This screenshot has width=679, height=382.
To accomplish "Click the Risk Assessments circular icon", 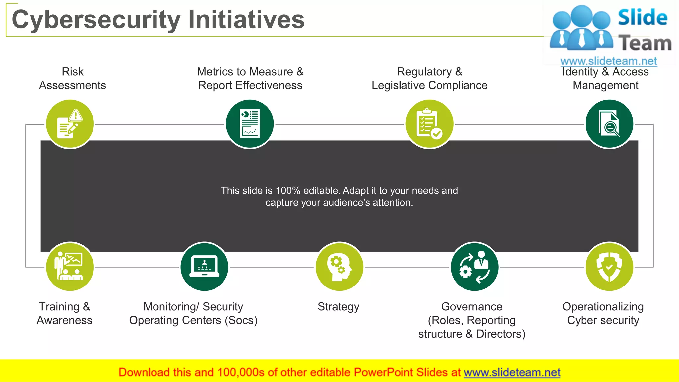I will (70, 124).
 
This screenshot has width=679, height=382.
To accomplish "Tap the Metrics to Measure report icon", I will (250, 124).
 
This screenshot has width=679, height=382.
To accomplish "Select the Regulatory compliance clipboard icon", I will (429, 124).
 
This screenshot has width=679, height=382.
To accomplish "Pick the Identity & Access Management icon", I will (609, 124).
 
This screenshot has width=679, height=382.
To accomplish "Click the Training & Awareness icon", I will (70, 267).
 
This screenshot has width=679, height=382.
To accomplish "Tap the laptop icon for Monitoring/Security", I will (204, 267).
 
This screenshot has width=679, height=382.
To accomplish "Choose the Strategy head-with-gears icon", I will (339, 267).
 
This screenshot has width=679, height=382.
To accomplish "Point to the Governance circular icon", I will (474, 267).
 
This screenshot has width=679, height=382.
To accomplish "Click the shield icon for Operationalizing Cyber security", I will (609, 267).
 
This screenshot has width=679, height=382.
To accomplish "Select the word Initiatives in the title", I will (246, 19).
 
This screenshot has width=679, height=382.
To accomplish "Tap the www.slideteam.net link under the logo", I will (609, 61).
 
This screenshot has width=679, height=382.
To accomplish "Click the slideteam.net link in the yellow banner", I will (512, 372).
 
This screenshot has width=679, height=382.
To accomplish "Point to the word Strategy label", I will (338, 307).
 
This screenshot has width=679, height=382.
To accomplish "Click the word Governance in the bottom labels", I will (471, 307).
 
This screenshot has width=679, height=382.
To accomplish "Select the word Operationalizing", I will (603, 307).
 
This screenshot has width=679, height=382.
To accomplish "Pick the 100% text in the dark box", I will (288, 191).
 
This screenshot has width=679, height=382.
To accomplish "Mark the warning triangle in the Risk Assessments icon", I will (76, 115).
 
